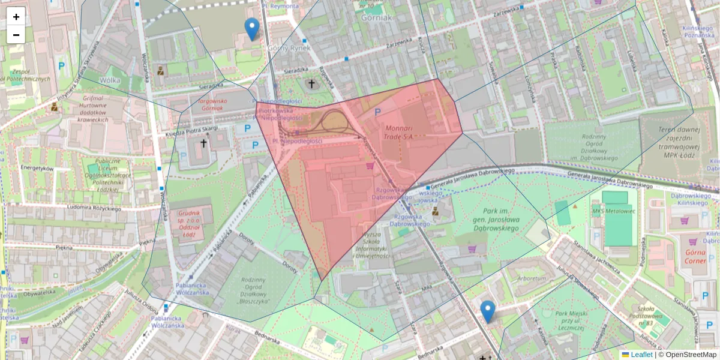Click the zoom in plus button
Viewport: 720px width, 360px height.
16,17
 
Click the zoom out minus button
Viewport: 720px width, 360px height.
16,35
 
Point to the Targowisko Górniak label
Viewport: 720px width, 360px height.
207,105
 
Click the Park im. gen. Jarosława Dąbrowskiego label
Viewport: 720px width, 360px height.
504,220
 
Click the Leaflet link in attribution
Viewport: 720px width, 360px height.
641,355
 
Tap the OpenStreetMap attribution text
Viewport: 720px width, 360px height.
688,355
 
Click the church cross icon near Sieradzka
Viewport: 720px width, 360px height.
311,84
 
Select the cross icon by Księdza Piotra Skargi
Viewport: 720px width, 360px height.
203,143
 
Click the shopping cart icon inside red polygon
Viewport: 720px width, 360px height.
370,165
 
